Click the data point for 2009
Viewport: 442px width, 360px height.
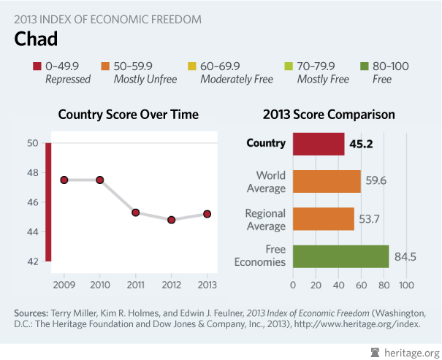pos(64,180)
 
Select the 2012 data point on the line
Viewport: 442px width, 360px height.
pos(171,219)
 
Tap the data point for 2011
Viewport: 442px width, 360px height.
pos(136,212)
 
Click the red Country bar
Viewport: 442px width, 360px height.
pos(319,144)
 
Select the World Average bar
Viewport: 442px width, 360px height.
pos(327,182)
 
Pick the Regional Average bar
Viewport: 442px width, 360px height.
pos(324,219)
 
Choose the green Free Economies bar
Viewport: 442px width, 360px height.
pos(340,256)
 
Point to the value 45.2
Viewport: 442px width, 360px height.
pos(361,144)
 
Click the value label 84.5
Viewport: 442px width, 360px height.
pos(405,256)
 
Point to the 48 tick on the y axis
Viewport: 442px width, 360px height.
pos(33,172)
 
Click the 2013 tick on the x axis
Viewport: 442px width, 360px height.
pos(207,283)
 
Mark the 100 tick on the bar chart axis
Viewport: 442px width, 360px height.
pos(405,283)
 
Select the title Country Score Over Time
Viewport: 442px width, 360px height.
pos(128,115)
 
